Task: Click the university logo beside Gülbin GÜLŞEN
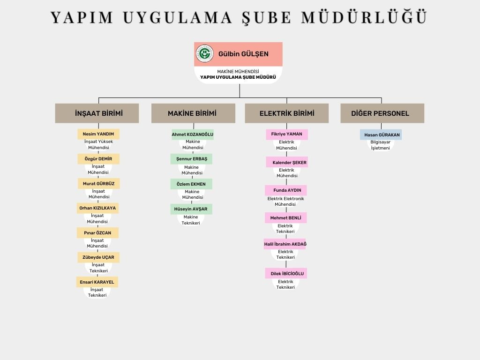[204, 53]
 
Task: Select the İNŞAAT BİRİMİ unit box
[97, 113]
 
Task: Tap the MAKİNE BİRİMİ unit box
[193, 113]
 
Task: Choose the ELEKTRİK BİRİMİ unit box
[287, 113]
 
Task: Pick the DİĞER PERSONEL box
[382, 113]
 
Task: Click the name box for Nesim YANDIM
[98, 134]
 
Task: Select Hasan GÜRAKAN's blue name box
[381, 135]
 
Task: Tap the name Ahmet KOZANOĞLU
[193, 135]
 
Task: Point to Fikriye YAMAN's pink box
[287, 135]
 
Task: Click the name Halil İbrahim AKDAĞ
[285, 244]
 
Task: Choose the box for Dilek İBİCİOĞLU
[286, 273]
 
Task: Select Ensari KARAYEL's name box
[97, 282]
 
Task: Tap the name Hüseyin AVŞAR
[191, 209]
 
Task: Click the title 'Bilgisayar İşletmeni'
[381, 145]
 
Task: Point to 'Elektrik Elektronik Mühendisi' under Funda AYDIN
[285, 202]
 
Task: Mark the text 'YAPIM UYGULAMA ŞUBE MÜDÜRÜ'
[238, 77]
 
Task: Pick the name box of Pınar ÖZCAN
[97, 232]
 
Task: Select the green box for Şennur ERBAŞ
[191, 159]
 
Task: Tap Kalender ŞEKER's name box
[287, 162]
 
